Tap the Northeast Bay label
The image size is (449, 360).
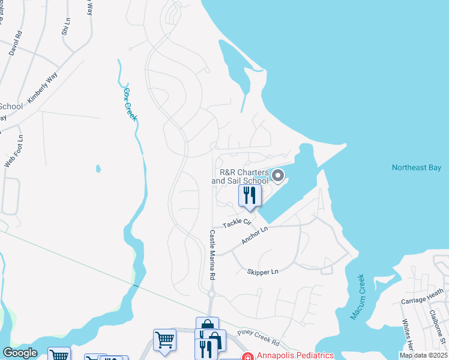pos(416,168)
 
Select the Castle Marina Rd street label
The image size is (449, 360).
pos(212,255)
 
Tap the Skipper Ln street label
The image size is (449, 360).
pos(263,272)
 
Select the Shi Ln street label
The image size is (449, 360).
pos(65,27)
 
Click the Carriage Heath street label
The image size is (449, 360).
pos(423,296)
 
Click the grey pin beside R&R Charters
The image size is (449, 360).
pos(278,176)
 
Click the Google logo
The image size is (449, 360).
pos(20,353)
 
